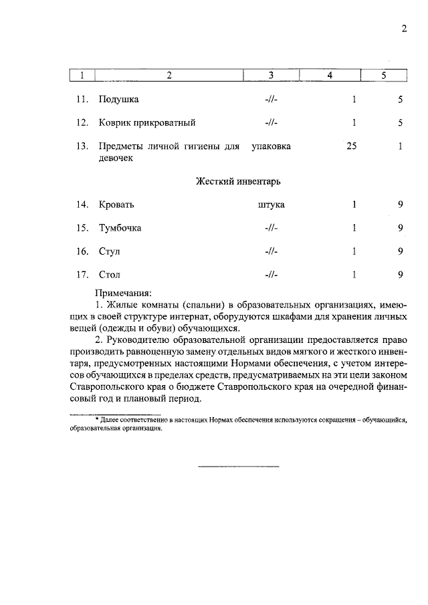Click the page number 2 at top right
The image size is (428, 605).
404,29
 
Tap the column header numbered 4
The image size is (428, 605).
330,76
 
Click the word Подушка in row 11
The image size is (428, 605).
118,100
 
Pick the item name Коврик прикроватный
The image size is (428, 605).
147,123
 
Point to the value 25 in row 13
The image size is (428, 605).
351,146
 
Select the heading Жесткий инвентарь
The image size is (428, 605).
242,181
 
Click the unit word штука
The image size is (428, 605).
271,205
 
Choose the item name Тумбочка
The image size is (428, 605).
120,229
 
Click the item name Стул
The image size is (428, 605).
110,252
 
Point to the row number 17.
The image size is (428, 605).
83,275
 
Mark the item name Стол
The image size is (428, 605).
110,275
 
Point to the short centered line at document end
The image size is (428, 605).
239,466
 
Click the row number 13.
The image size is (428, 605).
83,146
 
